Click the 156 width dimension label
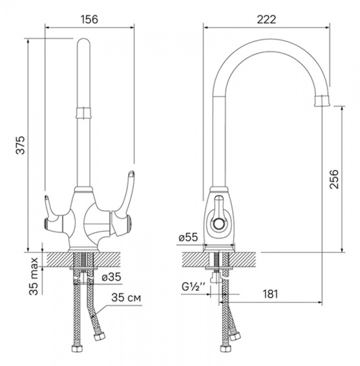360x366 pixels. [x=90, y=19]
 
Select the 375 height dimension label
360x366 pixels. [x=20, y=145]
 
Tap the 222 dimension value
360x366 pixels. [x=267, y=19]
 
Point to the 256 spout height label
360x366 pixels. [x=334, y=179]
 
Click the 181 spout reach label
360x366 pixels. [x=270, y=294]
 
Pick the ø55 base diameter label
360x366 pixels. [x=188, y=238]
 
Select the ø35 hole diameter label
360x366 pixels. [x=112, y=277]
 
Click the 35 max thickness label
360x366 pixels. [x=34, y=276]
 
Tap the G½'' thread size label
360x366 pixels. [x=193, y=287]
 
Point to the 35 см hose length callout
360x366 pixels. [x=126, y=298]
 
